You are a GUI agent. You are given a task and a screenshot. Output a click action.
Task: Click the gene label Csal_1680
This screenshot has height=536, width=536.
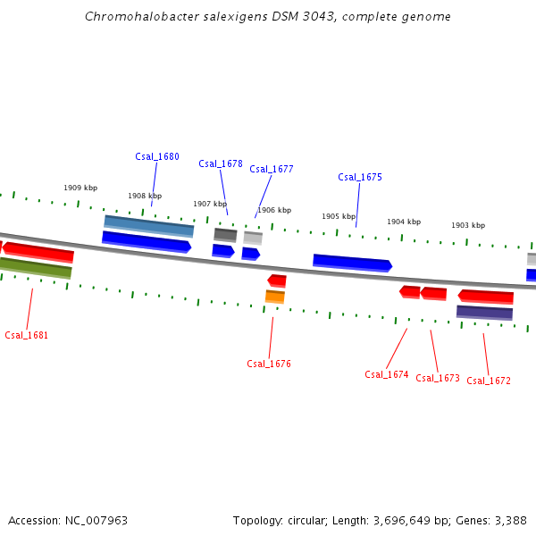pos(157,156)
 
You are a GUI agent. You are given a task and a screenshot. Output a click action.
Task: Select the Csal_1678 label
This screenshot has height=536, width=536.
pos(221,163)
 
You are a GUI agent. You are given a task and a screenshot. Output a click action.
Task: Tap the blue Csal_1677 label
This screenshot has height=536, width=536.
pos(272,169)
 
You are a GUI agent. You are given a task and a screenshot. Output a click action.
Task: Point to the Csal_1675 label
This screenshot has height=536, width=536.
pos(360,177)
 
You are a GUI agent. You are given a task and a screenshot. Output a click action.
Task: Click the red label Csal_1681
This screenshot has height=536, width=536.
pos(27,336)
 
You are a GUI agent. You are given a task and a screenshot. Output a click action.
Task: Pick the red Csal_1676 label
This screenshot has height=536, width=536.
pos(269,364)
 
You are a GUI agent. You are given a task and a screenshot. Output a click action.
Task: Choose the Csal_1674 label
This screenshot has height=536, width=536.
pos(387,374)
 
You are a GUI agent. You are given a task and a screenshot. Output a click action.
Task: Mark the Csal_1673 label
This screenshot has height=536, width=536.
pos(438,378)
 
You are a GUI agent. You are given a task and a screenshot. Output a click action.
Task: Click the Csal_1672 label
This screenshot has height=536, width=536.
pos(489,381)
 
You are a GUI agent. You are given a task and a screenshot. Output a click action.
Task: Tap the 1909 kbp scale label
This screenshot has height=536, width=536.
pos(80,188)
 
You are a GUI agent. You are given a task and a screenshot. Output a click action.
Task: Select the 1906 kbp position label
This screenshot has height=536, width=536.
pos(274,210)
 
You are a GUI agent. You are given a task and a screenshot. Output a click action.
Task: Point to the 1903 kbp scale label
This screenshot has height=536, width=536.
pos(468,225)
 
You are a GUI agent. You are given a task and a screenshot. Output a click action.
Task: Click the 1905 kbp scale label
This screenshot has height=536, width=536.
pos(339,216)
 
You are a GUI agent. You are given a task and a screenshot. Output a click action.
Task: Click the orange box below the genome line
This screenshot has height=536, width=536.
pos(275,297)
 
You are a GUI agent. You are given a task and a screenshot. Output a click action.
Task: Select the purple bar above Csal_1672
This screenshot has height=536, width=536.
pos(484,312)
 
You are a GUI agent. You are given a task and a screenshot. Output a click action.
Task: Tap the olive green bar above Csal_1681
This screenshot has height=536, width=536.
pos(36,266)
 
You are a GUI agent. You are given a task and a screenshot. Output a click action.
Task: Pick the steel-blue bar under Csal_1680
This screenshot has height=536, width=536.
pos(149,225)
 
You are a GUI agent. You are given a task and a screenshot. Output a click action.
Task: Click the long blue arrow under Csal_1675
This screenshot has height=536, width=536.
pos(352,263)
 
